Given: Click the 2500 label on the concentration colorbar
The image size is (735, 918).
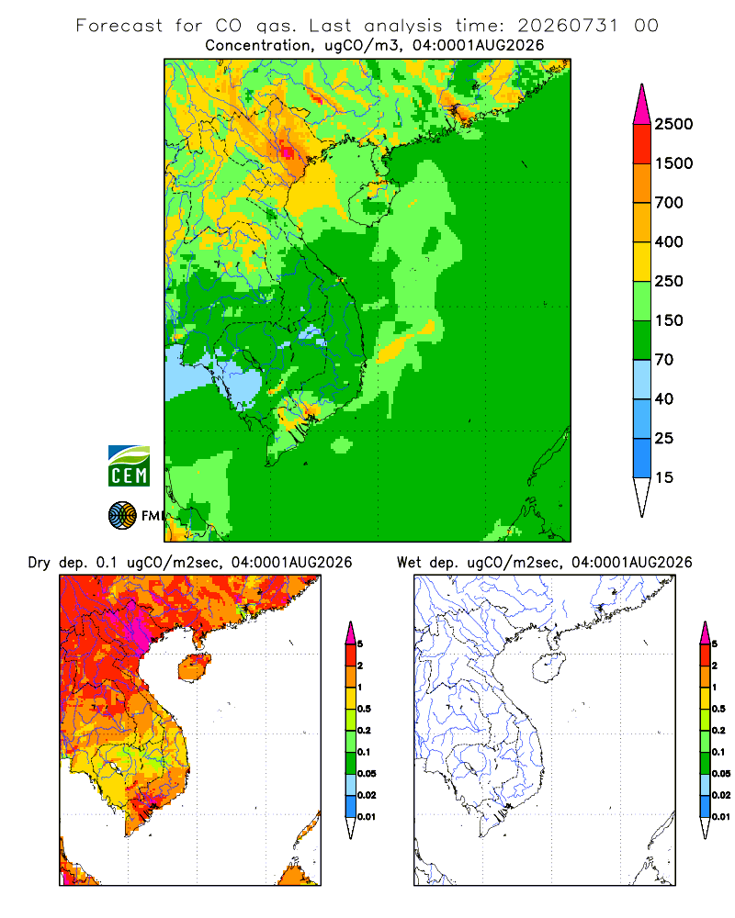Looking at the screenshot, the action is click(673, 124).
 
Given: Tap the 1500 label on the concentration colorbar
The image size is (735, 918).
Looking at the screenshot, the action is click(673, 163).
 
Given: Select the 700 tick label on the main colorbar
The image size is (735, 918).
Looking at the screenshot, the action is click(669, 203).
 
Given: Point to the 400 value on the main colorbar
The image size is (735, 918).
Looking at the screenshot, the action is click(669, 241).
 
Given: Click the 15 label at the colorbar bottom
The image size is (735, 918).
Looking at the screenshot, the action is click(664, 477).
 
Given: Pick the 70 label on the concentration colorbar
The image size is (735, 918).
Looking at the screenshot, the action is click(664, 360).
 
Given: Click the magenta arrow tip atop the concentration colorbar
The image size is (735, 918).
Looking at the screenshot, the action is click(642, 84).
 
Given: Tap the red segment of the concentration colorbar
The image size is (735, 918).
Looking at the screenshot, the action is click(642, 144).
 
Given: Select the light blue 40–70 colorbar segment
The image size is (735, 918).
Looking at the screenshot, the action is click(642, 379).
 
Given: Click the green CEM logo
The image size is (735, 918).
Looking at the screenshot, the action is click(129, 466).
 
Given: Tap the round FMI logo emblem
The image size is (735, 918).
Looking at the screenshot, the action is click(122, 516).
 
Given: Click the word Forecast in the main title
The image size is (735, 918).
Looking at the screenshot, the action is click(119, 26).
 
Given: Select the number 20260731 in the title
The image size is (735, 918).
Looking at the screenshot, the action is click(568, 26).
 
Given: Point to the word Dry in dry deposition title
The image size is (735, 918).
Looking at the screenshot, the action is click(40, 564).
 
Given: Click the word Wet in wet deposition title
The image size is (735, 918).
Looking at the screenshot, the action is click(409, 563).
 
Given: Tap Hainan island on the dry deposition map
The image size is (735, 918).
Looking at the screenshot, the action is click(195, 668).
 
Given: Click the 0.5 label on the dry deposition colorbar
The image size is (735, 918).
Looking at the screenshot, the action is click(364, 709).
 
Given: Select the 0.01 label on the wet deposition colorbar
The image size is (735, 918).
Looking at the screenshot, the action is click(721, 817).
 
